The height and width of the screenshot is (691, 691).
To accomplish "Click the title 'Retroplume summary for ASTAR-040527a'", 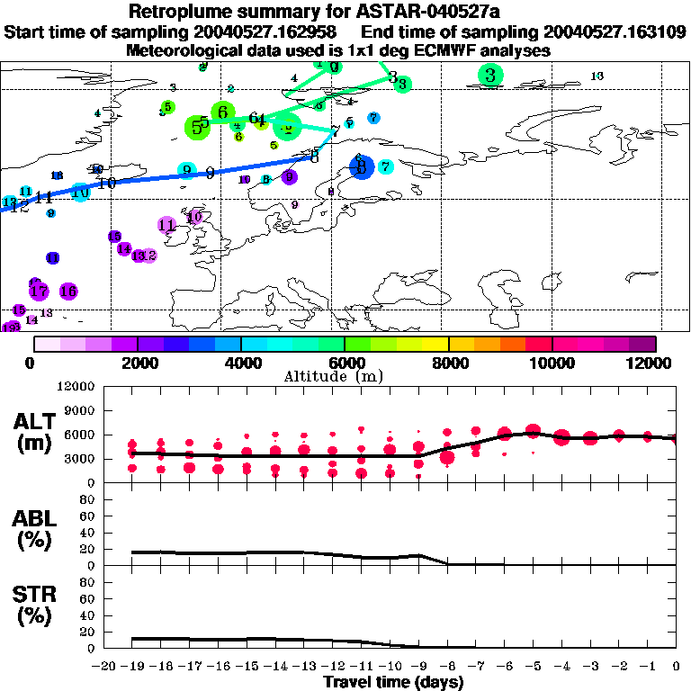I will pos(345,12).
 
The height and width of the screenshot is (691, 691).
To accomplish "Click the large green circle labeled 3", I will pos(489,76).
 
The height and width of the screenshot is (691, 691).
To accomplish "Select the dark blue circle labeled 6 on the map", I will pos(361,166).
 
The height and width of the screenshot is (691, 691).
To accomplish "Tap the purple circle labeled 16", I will pos(67,291).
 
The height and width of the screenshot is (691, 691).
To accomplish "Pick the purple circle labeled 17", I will pos(39,291).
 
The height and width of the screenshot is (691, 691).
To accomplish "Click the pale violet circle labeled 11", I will pos(166,225).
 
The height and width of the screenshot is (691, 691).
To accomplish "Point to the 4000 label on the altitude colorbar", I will pos(241,363).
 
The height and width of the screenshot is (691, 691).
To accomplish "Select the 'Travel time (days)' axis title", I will pos(392,682).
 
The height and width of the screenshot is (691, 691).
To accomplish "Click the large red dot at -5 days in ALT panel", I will pos(533,430).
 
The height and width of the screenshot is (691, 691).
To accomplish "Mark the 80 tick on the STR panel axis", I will pos(89,581).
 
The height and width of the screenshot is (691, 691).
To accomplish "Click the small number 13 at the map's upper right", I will pos(597,76).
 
